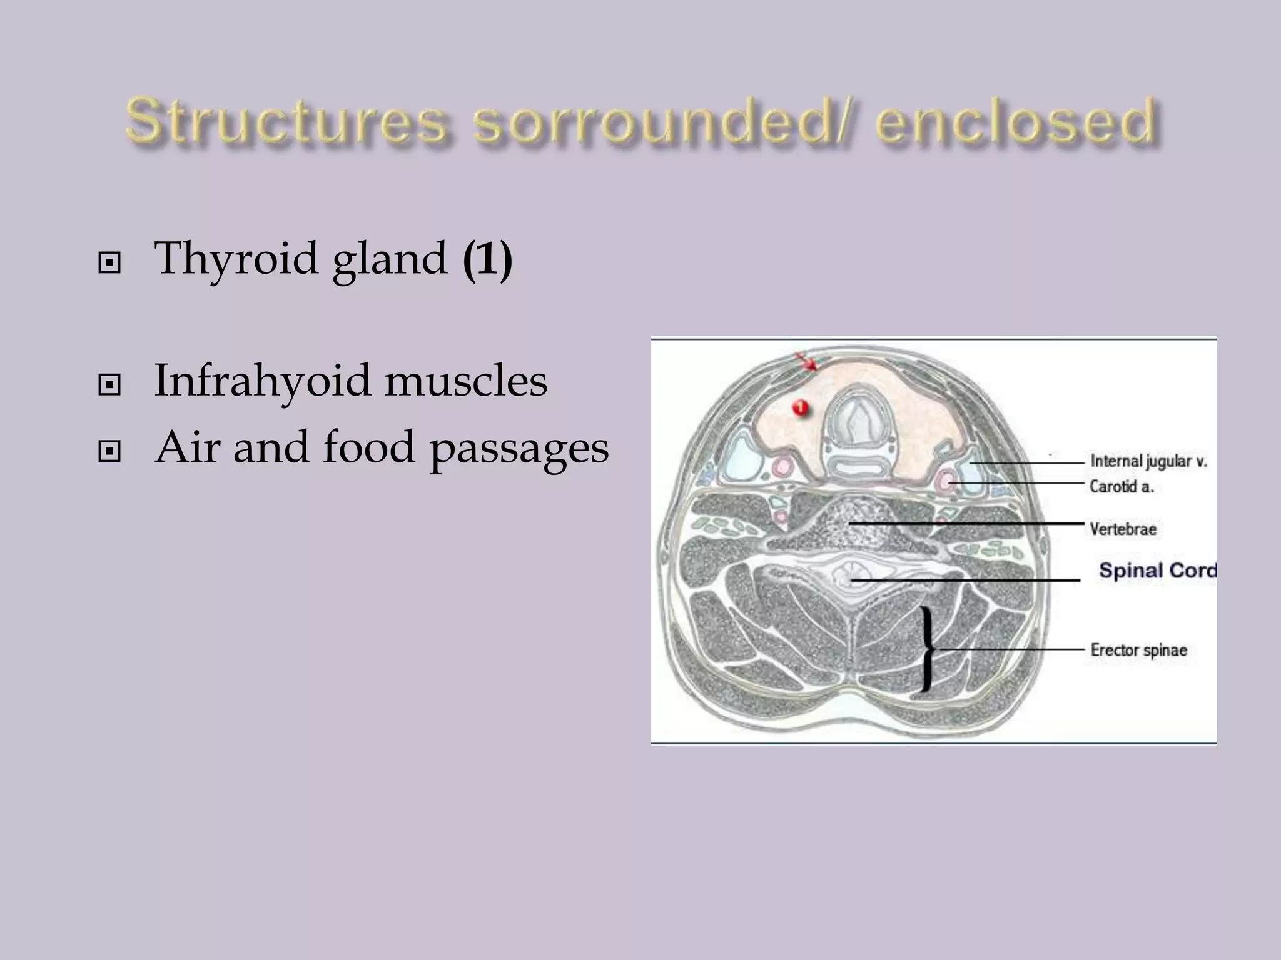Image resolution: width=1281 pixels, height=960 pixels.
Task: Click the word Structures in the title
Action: coord(286,121)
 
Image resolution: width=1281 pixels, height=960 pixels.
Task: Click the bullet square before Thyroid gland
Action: coord(109,263)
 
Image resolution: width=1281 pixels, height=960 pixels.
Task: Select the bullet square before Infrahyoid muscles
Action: coord(109,385)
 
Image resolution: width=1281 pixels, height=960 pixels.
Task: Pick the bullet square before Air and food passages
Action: coord(109,451)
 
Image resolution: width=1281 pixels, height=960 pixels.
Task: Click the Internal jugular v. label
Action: coord(1148,461)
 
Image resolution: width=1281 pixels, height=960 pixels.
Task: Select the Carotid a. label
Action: coord(1121,486)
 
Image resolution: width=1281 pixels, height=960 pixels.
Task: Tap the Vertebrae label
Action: coord(1123,529)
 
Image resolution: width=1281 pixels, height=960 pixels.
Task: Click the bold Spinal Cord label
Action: coord(1157,570)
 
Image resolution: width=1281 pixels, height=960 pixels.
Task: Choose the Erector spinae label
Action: coord(1138,650)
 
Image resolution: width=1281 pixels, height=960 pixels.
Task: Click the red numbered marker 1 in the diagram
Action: coord(800,408)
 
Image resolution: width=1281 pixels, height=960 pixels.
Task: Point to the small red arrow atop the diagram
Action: coord(806,361)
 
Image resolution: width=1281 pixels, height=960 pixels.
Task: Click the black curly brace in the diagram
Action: coord(928,650)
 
